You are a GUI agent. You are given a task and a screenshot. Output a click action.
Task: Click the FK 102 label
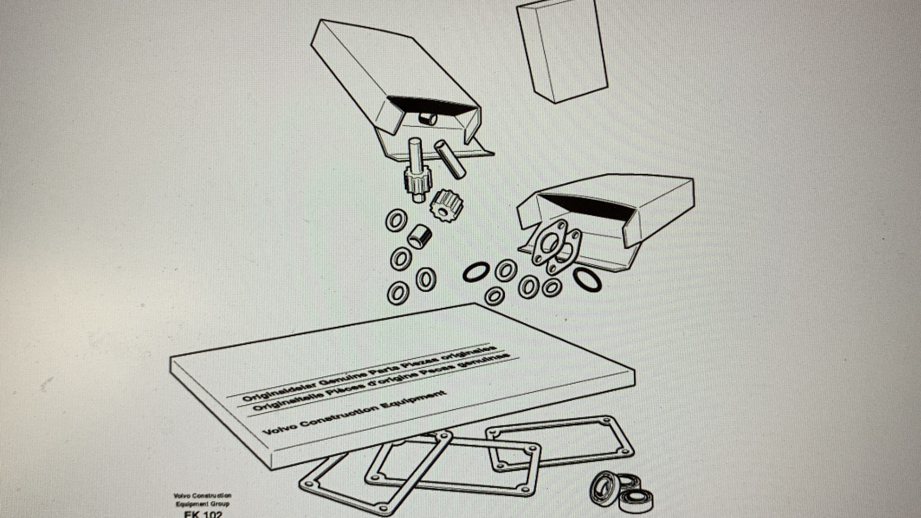click(x=203, y=514)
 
